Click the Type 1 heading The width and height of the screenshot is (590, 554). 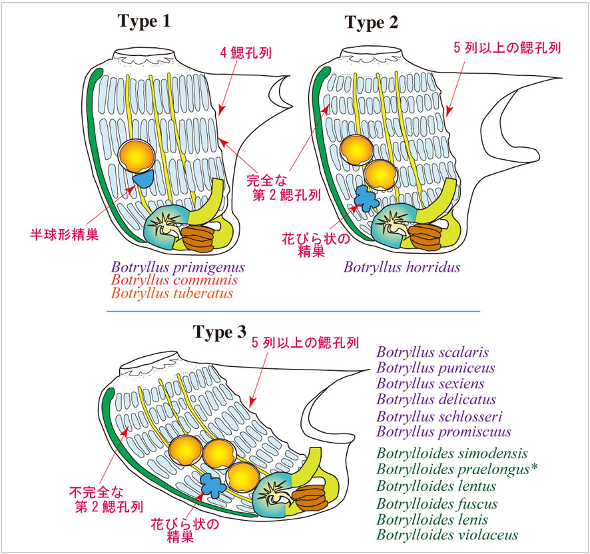coord(144,21)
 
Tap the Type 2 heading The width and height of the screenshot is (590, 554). coord(372,23)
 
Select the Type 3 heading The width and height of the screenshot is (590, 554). coord(220,332)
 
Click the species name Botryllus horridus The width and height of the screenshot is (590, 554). coord(402,267)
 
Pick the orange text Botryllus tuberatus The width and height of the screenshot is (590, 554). coord(172,293)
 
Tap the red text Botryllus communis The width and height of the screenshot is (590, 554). coord(174,280)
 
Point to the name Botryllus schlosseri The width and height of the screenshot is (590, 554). coord(439,417)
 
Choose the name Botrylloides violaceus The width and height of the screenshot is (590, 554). coord(447,535)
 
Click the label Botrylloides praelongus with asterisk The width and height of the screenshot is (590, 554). coord(457,469)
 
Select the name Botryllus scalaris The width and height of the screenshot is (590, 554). coord(432,352)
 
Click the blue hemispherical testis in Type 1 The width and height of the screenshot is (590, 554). coord(144,178)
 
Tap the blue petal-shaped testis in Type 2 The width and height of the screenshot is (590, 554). coord(366,198)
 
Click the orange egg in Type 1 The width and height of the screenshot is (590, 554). coord(137,154)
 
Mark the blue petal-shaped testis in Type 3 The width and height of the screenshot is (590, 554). coord(213,485)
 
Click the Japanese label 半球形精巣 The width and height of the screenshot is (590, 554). coord(65,234)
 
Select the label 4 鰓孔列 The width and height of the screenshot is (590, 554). coord(246,53)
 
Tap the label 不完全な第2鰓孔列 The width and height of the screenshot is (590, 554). coord(106,499)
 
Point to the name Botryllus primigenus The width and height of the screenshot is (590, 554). coord(178,268)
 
